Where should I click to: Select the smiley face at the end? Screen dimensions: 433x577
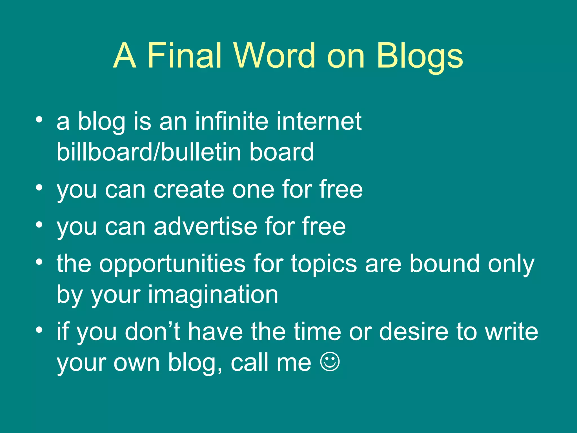(330, 362)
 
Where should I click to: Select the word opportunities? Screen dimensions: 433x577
(172, 264)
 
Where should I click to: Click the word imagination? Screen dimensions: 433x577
(213, 295)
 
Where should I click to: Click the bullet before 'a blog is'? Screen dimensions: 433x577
(39, 120)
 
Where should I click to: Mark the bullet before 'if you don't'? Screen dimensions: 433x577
(39, 330)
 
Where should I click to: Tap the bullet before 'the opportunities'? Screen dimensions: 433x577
(39, 262)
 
